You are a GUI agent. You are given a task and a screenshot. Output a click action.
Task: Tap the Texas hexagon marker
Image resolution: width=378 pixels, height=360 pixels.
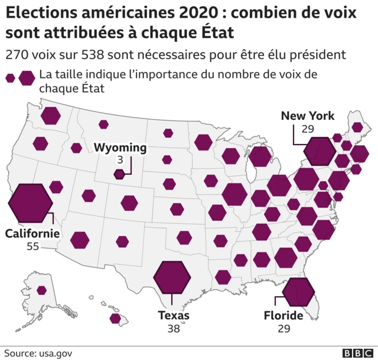click(x=172, y=276)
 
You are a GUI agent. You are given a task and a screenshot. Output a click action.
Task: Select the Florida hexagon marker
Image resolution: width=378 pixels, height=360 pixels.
click(x=298, y=290)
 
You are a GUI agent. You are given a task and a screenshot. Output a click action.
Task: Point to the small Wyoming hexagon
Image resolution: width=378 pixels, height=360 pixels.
click(x=119, y=174)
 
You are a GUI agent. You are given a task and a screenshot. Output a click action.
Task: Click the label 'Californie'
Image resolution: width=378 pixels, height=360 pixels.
click(x=32, y=233)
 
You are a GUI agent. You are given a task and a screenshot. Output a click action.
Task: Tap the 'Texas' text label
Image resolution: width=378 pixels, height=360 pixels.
click(x=174, y=315)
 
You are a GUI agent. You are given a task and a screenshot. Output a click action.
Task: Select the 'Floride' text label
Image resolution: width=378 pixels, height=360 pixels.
click(x=283, y=316)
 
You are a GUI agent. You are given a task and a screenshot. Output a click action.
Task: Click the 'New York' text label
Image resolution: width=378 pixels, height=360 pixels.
click(x=307, y=116)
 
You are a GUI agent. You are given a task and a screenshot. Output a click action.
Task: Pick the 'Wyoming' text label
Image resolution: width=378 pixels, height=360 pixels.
click(x=120, y=148)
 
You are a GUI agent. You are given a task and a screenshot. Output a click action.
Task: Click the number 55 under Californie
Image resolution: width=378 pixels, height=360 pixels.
click(x=32, y=246)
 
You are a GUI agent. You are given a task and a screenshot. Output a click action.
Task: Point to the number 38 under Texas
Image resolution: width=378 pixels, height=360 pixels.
click(x=173, y=328)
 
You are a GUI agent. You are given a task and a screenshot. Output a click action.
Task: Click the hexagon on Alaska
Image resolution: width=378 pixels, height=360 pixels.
click(x=41, y=290)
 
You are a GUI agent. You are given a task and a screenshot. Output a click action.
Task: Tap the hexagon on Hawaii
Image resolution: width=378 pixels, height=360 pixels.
click(x=116, y=319)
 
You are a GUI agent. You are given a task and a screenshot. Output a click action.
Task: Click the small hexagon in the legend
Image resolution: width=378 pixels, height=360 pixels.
click(x=10, y=77)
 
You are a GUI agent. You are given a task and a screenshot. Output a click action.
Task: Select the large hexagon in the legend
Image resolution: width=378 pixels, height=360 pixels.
click(x=27, y=77)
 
